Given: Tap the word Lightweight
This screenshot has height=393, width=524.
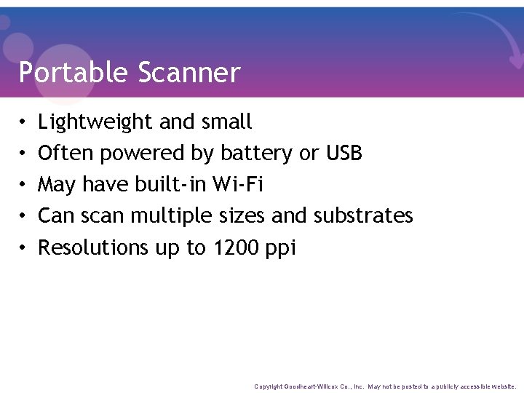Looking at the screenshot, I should pos(96,122).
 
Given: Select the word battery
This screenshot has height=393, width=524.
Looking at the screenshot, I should pos(256,154).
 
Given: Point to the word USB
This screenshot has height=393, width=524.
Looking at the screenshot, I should pos(344,153).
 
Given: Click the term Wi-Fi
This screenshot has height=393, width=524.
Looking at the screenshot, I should pos(237,184).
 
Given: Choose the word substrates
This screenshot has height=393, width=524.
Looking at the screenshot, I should pos(363,215).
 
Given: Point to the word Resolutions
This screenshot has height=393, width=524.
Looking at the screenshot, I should pos(94,247).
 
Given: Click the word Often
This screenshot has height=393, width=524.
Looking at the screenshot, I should pos(66,153).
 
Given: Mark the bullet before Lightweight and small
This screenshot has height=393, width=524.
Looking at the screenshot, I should pos(24,122).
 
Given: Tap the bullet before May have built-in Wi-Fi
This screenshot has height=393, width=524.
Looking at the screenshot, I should pos(24,185).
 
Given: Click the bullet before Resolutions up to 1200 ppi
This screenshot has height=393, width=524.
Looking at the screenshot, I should pos(24,248).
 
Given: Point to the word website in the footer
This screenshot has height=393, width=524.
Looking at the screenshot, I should pos(504,386).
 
